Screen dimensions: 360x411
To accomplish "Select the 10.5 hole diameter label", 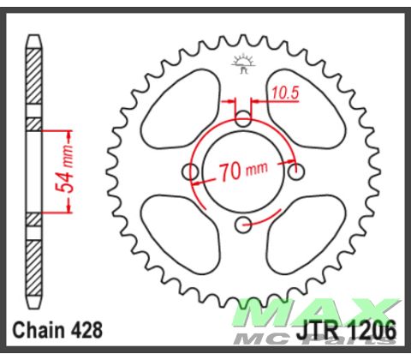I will point(285,89).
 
